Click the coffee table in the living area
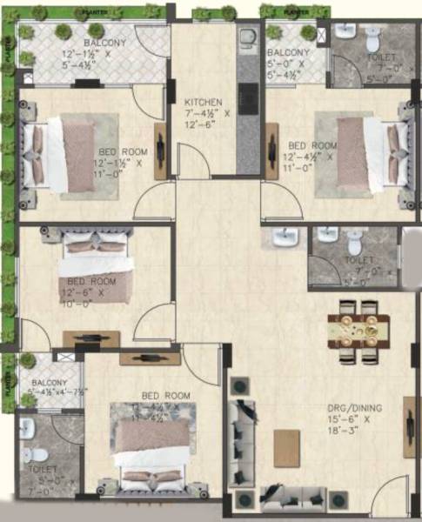[x=286, y=446]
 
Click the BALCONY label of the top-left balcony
[x=104, y=43]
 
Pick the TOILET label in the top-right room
[x=379, y=56]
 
